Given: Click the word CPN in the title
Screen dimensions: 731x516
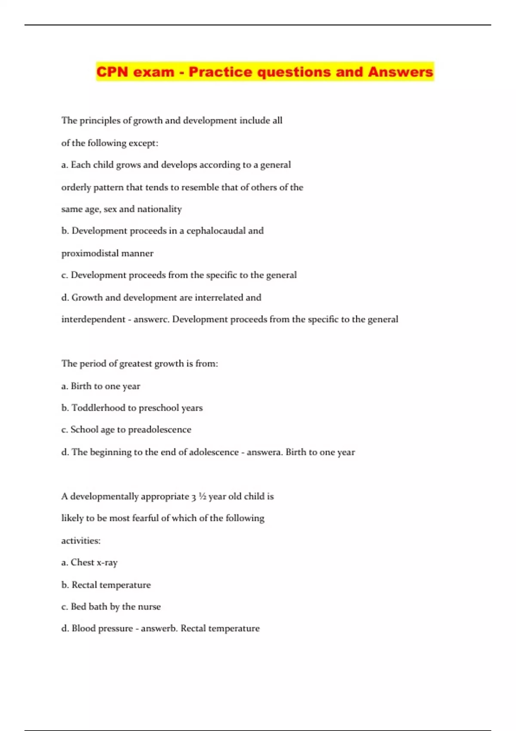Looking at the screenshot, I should (112, 72).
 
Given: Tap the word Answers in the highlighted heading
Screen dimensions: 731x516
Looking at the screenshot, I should (400, 72).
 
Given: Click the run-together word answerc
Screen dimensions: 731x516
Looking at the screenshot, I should (151, 319).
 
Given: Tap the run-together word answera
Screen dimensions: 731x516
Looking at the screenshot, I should (264, 452).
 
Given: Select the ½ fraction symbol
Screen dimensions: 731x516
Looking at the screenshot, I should (203, 496).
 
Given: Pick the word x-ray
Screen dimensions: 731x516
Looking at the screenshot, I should (107, 562).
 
